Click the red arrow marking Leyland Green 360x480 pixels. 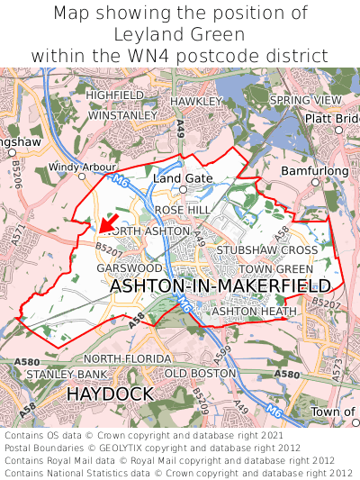[x=109, y=221]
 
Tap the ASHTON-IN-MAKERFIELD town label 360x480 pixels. [x=220, y=285]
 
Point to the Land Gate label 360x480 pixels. [x=183, y=178]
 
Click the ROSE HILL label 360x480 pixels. [x=182, y=209]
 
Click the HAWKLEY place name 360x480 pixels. [x=195, y=101]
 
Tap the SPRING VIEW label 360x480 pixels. [x=306, y=99]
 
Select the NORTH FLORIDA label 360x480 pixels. [x=127, y=358]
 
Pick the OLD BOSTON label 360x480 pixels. [x=200, y=373]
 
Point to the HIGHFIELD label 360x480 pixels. [x=115, y=95]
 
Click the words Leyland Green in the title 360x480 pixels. [x=180, y=34]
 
